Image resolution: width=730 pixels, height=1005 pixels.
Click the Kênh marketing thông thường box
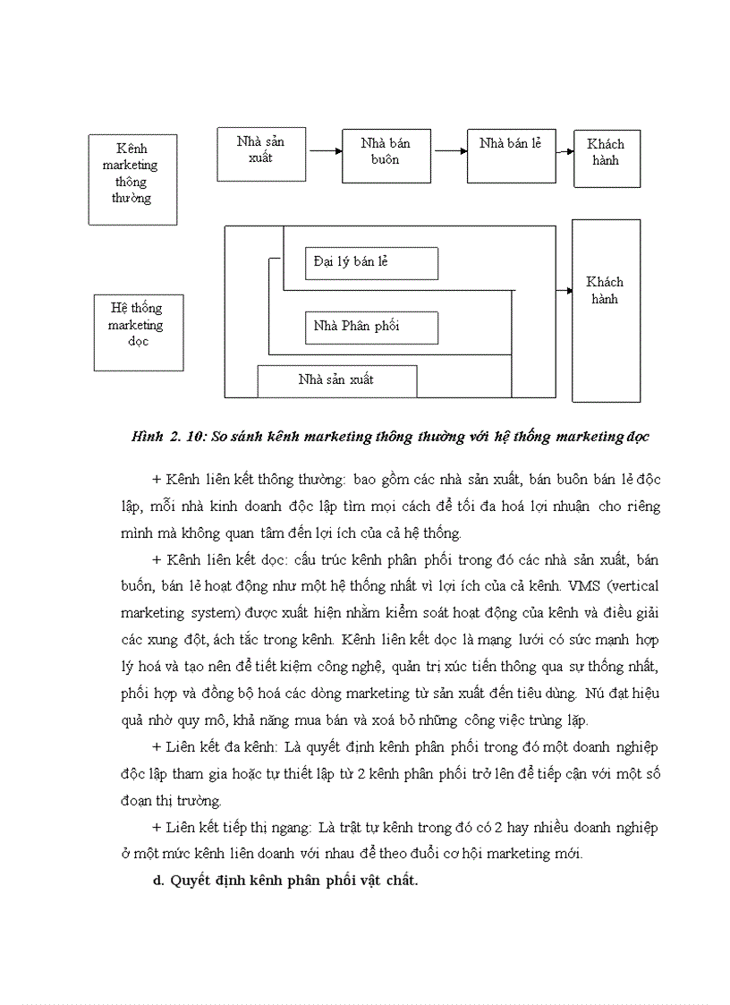132,179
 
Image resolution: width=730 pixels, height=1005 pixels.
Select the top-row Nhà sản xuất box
262,154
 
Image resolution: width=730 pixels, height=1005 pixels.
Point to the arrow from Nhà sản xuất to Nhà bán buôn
326,152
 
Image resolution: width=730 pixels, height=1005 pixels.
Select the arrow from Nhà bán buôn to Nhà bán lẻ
450,151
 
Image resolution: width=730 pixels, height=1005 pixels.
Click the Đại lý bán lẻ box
371,263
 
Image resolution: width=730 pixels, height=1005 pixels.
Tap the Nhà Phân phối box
371,327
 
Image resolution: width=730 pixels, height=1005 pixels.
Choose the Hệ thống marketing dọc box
139,332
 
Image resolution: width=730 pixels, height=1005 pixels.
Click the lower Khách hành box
606,310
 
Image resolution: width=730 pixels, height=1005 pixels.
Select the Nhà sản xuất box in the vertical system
336,380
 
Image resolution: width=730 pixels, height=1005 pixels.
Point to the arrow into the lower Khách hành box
564,291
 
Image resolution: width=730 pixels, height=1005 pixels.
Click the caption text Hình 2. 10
165,438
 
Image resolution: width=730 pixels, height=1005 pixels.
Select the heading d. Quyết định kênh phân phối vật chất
285,881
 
